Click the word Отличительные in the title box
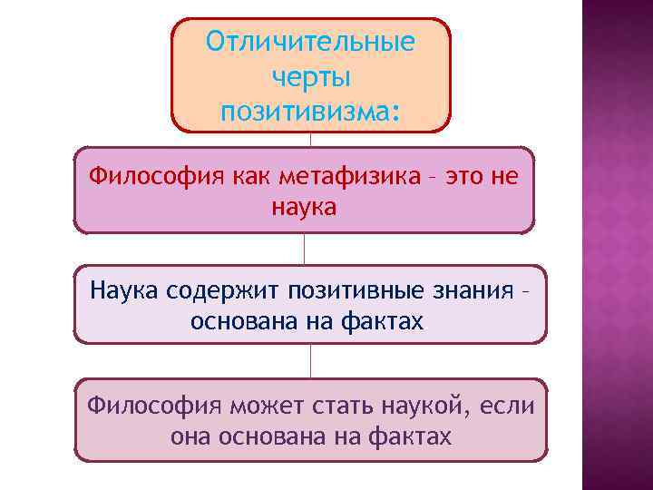[310, 43]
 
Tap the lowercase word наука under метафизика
[303, 208]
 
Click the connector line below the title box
[310, 140]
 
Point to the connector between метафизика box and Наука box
[304, 249]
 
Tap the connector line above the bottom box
[310, 360]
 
